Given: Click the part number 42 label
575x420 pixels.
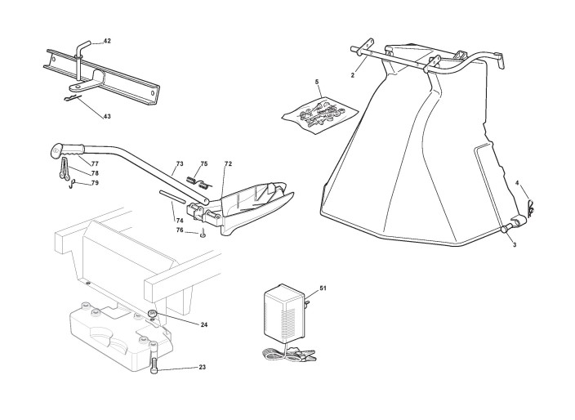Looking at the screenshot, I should (x=107, y=41).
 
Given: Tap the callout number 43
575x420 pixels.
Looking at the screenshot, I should (x=107, y=116).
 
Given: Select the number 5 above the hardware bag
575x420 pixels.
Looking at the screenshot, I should (x=317, y=83).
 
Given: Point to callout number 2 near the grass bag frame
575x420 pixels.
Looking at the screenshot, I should (x=352, y=75).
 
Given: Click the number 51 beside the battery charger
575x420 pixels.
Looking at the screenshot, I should (x=323, y=288).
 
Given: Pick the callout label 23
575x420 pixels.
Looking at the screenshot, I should (x=202, y=368).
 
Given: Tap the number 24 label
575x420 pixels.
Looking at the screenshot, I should (x=203, y=324).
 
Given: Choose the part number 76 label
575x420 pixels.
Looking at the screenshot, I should (x=180, y=231).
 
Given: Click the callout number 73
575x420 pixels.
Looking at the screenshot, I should (x=179, y=164).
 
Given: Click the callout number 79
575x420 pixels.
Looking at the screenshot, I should (x=95, y=183).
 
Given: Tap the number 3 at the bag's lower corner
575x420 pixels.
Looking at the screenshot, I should (x=515, y=244).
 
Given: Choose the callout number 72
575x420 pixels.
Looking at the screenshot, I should (x=228, y=164).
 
